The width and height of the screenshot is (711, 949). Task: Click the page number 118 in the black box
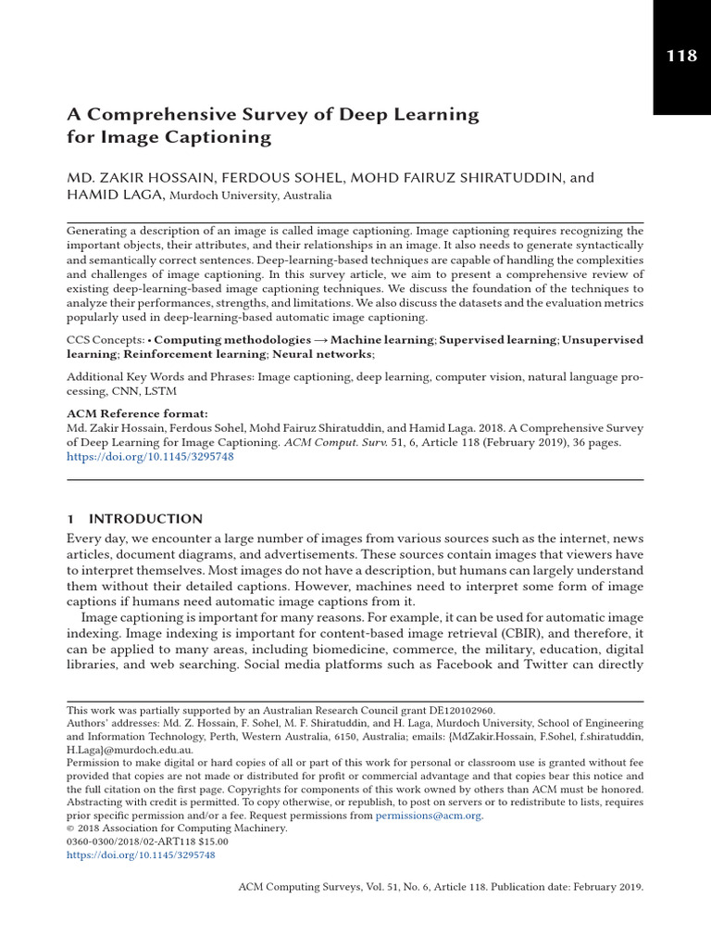[681, 56]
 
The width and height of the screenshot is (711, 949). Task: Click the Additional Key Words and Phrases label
[159, 378]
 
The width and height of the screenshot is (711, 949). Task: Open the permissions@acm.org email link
[429, 816]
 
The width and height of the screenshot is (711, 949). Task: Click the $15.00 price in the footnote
[209, 841]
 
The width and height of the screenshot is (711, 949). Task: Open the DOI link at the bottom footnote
[141, 855]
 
